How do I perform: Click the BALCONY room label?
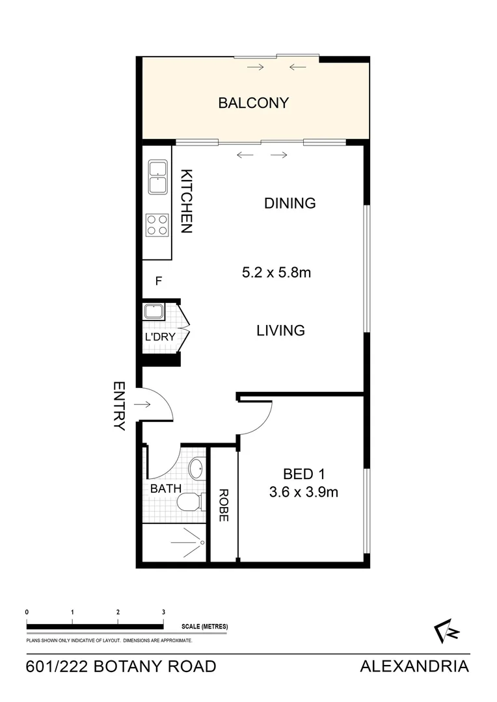253,103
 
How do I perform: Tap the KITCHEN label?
186,201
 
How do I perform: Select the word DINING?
289,203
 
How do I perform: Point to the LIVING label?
280,330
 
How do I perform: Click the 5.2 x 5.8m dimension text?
276,273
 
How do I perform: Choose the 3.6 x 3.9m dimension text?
304,492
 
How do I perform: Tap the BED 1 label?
304,473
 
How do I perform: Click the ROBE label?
223,505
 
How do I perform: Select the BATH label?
166,488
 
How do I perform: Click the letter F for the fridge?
157,281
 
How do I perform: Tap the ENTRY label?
119,406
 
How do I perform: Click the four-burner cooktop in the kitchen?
157,224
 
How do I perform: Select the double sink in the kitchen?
157,177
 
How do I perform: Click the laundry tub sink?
154,311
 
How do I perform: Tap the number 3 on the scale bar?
163,612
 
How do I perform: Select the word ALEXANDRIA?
414,666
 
